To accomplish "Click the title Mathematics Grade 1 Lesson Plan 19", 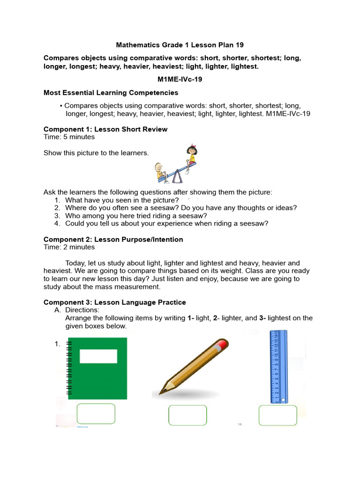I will click(x=180, y=45).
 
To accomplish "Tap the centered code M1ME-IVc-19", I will click(x=180, y=80).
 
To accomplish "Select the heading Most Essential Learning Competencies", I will click(x=111, y=93).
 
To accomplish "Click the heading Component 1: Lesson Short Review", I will click(x=105, y=129).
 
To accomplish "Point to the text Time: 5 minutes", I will click(x=69, y=137).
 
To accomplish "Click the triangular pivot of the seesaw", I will click(x=177, y=177).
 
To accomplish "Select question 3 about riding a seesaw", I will click(x=136, y=216).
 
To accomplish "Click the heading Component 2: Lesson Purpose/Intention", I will click(x=113, y=240).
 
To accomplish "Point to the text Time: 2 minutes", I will click(x=69, y=247).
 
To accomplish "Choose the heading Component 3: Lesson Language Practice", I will click(x=115, y=302).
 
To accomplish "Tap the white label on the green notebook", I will click(x=98, y=356).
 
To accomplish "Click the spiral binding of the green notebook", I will click(x=69, y=368).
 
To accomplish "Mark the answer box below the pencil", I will click(x=187, y=415).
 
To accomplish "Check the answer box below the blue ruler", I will click(x=277, y=415).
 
